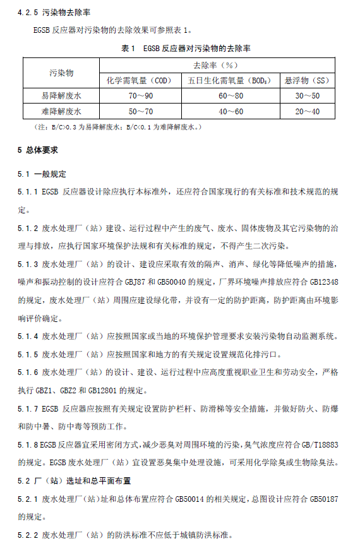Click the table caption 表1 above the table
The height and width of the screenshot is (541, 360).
pyautogui.click(x=180, y=48)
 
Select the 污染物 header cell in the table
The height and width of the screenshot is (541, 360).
pyautogui.click(x=61, y=73)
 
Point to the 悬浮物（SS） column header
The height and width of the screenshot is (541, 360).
pyautogui.click(x=308, y=80)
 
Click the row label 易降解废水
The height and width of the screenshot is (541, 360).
pyautogui.click(x=61, y=96)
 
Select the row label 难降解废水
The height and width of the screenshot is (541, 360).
pyautogui.click(x=61, y=111)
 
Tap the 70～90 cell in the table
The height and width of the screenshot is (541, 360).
pyautogui.click(x=141, y=96)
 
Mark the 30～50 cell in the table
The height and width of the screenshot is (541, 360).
pyautogui.click(x=308, y=96)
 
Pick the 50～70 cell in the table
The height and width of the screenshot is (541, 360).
pyautogui.click(x=141, y=111)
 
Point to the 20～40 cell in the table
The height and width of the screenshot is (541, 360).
pyautogui.click(x=308, y=111)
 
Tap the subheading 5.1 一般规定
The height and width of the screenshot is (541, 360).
pyautogui.click(x=42, y=174)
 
